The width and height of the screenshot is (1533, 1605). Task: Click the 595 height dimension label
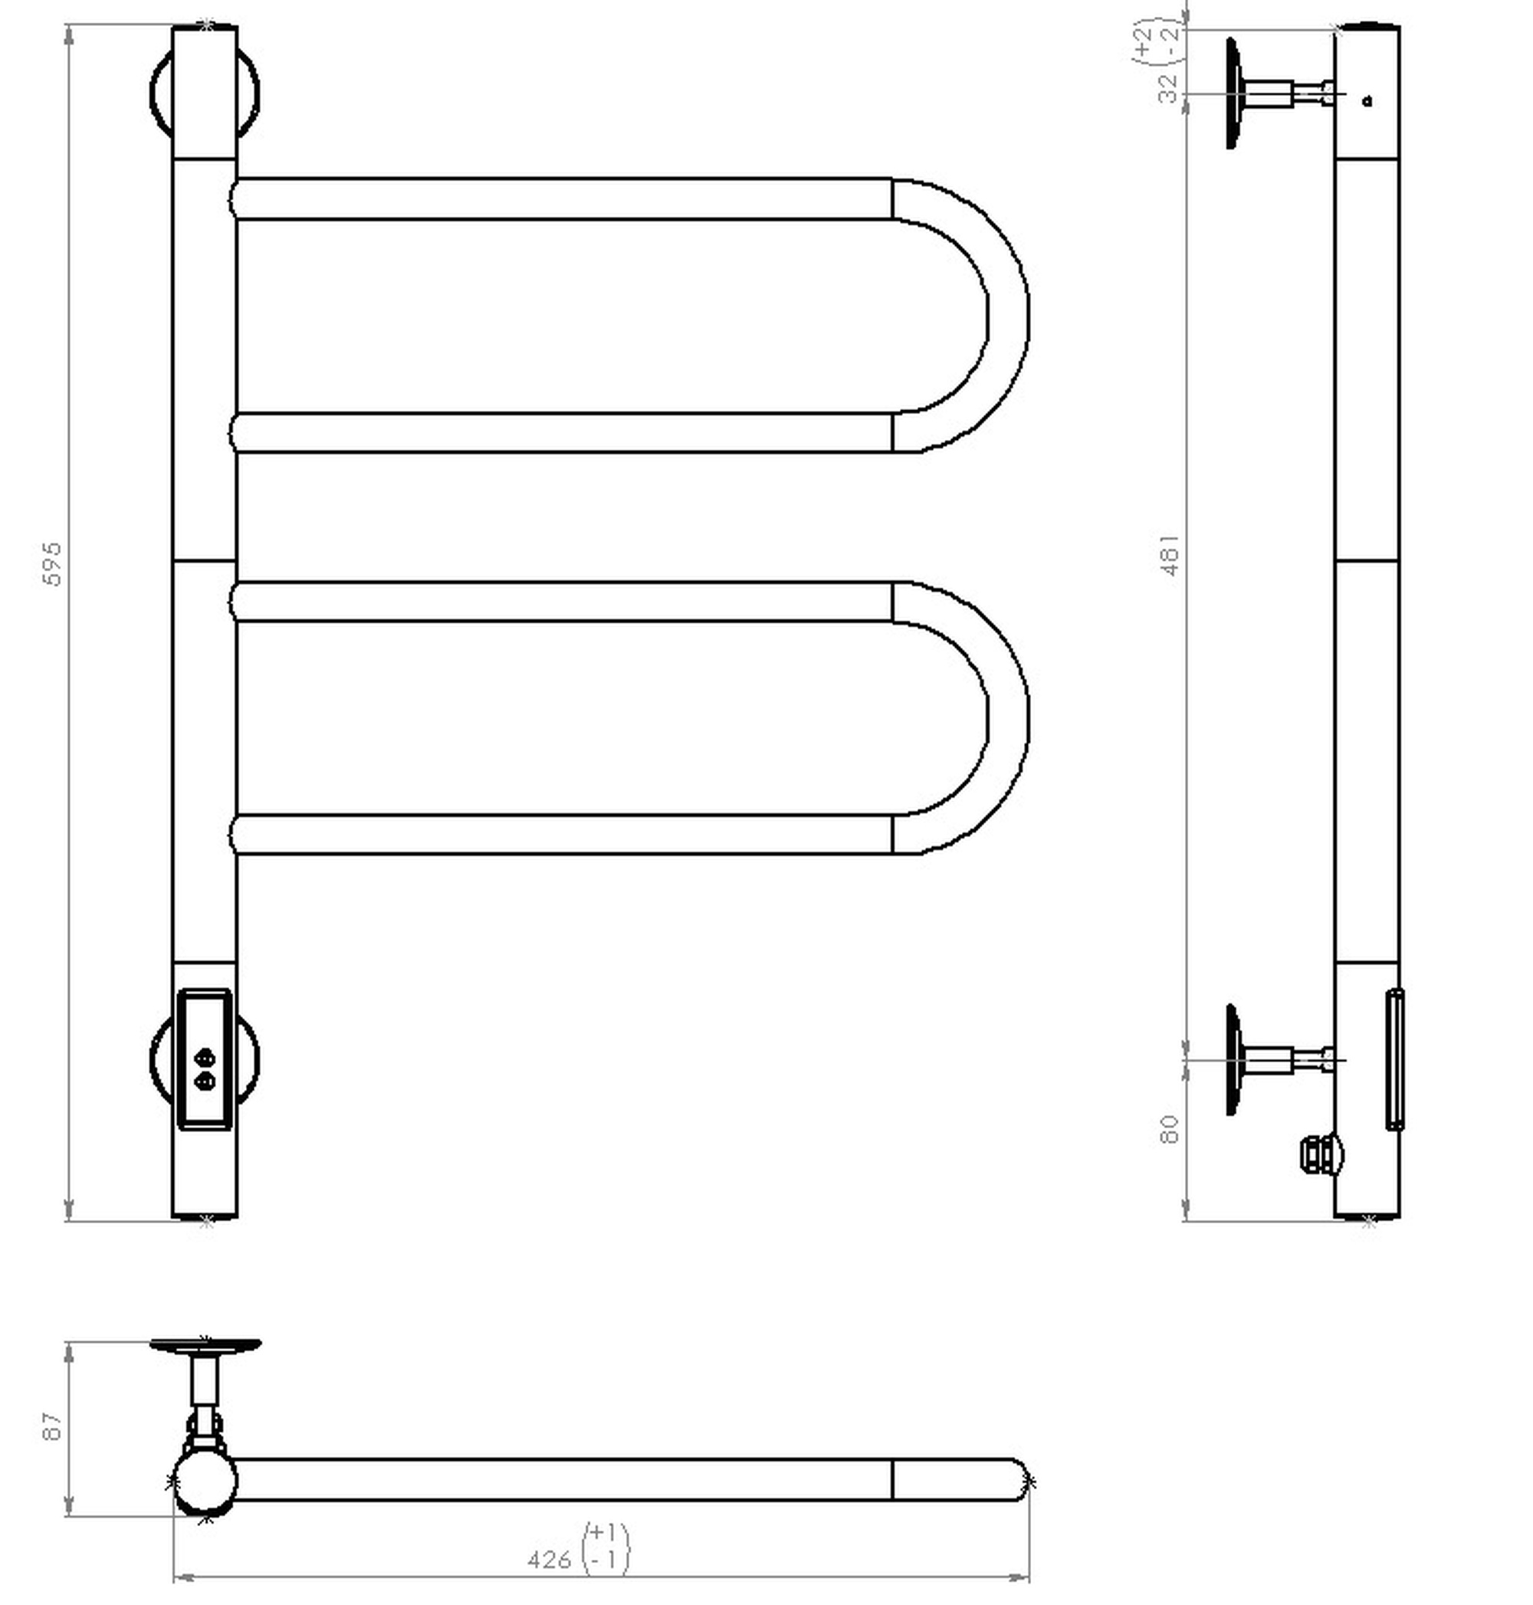tap(51, 563)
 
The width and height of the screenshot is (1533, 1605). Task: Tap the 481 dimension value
tap(1170, 556)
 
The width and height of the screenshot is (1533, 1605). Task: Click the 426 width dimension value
tap(549, 1560)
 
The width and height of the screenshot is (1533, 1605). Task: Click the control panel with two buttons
tap(205, 1059)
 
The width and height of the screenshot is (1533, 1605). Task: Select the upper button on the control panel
tap(205, 1059)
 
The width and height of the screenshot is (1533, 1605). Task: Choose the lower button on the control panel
tap(205, 1081)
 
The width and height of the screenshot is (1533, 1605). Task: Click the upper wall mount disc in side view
tap(1234, 94)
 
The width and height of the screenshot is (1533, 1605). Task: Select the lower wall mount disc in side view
tap(1234, 1060)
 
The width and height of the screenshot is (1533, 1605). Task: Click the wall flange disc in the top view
tap(205, 1344)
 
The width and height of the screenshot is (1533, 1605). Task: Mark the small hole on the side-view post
tap(1368, 101)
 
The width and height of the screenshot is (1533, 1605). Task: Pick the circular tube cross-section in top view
tap(205, 1481)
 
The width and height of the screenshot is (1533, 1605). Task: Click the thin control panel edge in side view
tap(1395, 1059)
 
